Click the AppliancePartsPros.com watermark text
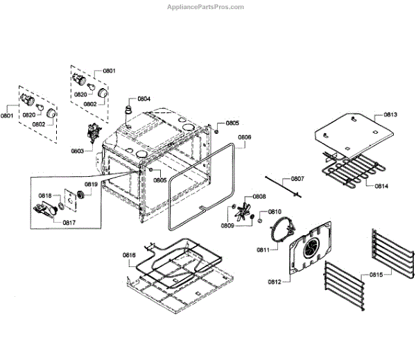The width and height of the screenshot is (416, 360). [206, 7]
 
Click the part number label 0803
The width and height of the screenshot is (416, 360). [76, 150]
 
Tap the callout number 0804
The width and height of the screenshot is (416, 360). [144, 98]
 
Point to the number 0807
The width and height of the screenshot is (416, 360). [297, 179]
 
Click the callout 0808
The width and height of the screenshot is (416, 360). [259, 196]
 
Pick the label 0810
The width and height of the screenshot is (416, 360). [275, 211]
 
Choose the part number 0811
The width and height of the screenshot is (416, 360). [263, 248]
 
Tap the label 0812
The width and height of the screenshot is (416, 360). [274, 280]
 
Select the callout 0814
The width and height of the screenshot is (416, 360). [381, 186]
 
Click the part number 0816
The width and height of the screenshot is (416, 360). [130, 255]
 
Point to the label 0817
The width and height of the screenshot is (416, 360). [69, 222]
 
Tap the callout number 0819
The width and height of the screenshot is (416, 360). [91, 184]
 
